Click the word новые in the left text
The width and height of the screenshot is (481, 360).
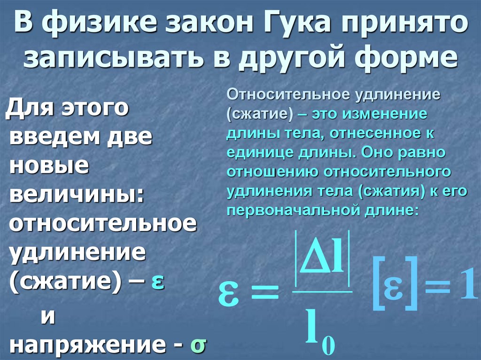pos(49,164)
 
